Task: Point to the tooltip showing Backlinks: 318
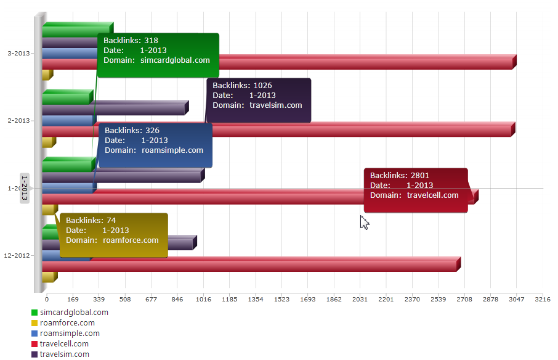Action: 158,55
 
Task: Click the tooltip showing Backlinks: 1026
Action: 259,100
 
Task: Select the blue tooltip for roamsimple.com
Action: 155,145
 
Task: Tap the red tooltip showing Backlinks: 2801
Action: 415,190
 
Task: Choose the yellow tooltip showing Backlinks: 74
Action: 113,235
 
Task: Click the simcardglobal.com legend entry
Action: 73,313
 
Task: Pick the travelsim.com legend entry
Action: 64,354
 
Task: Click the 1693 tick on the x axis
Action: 308,300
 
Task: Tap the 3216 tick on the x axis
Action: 542,300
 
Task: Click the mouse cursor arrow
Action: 364,221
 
